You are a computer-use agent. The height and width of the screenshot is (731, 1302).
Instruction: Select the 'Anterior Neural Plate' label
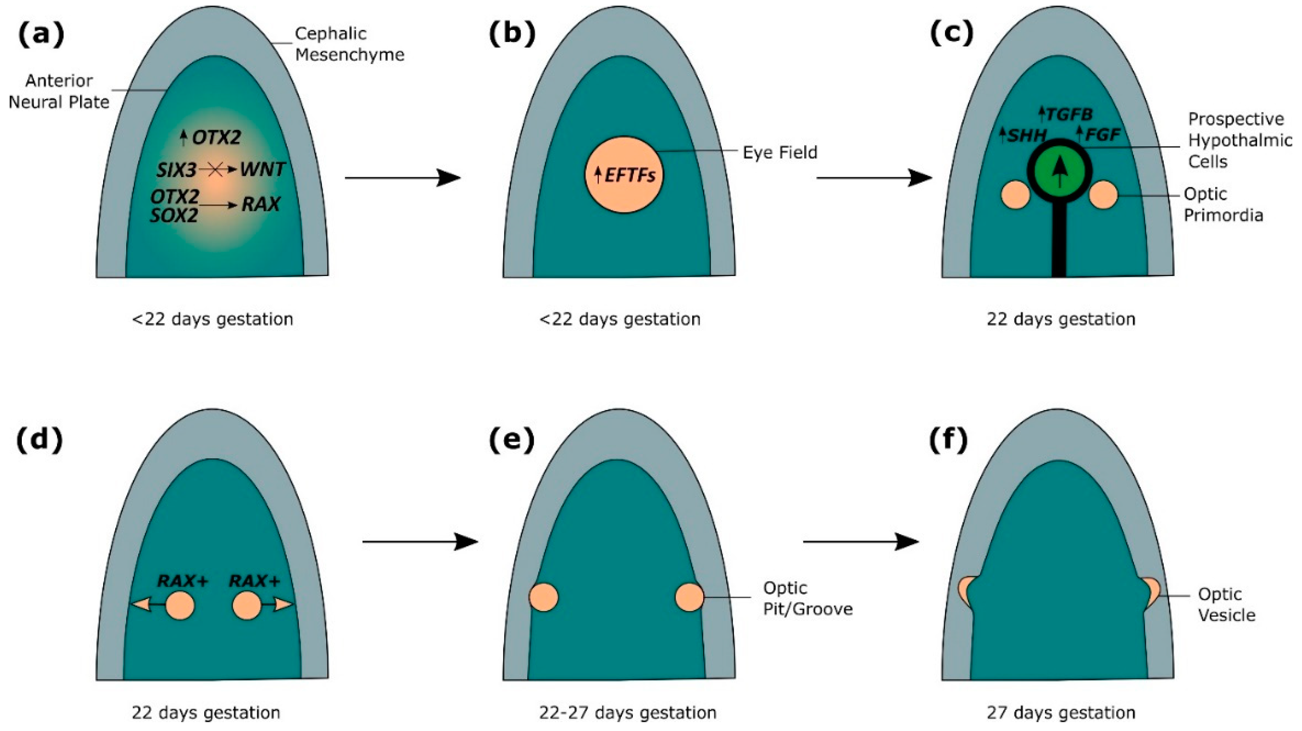point(59,91)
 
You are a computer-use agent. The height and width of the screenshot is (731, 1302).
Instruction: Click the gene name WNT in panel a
point(262,169)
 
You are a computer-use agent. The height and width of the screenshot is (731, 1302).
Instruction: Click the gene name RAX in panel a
point(261,205)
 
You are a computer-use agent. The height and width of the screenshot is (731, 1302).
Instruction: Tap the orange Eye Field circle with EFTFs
point(624,174)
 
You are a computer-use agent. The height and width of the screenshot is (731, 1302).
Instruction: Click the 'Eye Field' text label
point(780,152)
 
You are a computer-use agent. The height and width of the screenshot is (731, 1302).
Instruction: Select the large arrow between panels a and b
point(402,178)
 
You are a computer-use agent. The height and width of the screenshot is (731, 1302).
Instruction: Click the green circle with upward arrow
point(1059,171)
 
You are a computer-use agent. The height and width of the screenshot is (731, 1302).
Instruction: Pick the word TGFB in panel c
point(1067,115)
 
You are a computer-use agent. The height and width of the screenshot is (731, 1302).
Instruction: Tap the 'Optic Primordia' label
point(1223,205)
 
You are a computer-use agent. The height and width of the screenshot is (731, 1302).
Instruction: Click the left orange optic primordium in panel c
point(1015,195)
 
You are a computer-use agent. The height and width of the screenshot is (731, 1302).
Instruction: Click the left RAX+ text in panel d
point(182,581)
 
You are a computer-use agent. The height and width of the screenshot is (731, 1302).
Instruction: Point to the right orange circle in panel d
point(247,605)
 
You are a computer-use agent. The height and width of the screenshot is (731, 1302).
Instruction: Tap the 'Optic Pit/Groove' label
point(807,598)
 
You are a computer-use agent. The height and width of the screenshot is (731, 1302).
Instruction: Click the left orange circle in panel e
point(543,597)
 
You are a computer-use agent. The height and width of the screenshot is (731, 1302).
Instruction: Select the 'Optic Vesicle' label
point(1226,604)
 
